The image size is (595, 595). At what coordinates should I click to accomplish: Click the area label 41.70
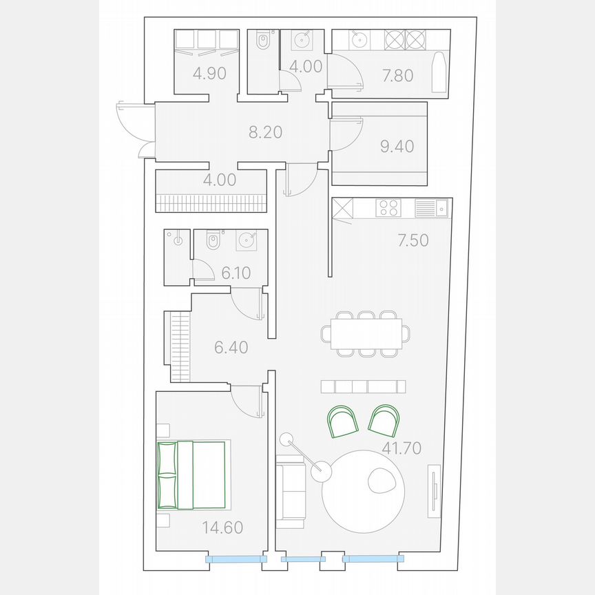pos(401,449)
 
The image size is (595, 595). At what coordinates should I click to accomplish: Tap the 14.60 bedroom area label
pos(222,528)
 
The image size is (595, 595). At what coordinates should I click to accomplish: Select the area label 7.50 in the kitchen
pos(413,240)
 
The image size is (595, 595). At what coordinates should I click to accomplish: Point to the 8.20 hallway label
pos(265,132)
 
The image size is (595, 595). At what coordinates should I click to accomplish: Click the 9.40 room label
pos(397,146)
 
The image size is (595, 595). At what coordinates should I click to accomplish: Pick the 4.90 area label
pos(209,74)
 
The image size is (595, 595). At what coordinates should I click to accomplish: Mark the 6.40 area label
pos(231,347)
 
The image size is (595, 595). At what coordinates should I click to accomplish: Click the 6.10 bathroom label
pos(236,273)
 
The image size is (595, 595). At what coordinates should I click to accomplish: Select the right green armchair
pos(384,419)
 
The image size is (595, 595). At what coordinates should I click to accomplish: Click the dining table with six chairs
pos(365,334)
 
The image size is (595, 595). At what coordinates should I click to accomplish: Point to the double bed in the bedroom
pos(192,475)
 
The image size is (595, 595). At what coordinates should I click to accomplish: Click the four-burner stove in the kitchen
pos(388,208)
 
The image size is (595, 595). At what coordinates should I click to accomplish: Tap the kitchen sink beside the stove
pos(432,208)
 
